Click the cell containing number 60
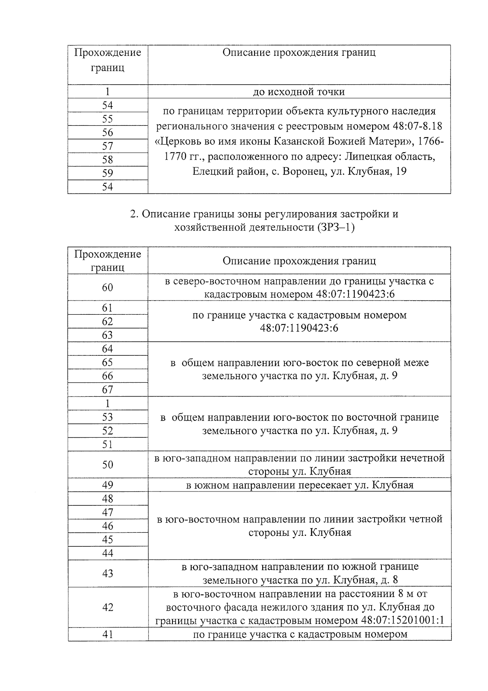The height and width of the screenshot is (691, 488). tap(107, 287)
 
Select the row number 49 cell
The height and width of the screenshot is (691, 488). tap(107, 485)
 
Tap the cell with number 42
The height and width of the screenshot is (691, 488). tap(107, 607)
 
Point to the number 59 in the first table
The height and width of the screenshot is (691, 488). tap(107, 173)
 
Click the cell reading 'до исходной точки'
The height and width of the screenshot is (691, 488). tap(299, 92)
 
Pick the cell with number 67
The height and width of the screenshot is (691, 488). tap(107, 390)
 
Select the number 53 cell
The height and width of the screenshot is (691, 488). tap(107, 417)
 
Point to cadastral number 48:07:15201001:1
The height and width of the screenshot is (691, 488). tap(402, 621)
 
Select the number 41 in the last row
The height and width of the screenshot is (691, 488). tap(107, 634)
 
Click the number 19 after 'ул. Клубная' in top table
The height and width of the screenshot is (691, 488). tap(401, 171)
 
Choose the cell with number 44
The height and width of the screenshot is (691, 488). tap(107, 553)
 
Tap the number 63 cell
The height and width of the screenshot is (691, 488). tap(107, 335)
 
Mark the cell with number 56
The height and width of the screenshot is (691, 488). tap(107, 133)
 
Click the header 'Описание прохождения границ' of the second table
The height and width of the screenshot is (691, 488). tap(299, 261)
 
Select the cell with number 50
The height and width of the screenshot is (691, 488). tap(107, 465)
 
